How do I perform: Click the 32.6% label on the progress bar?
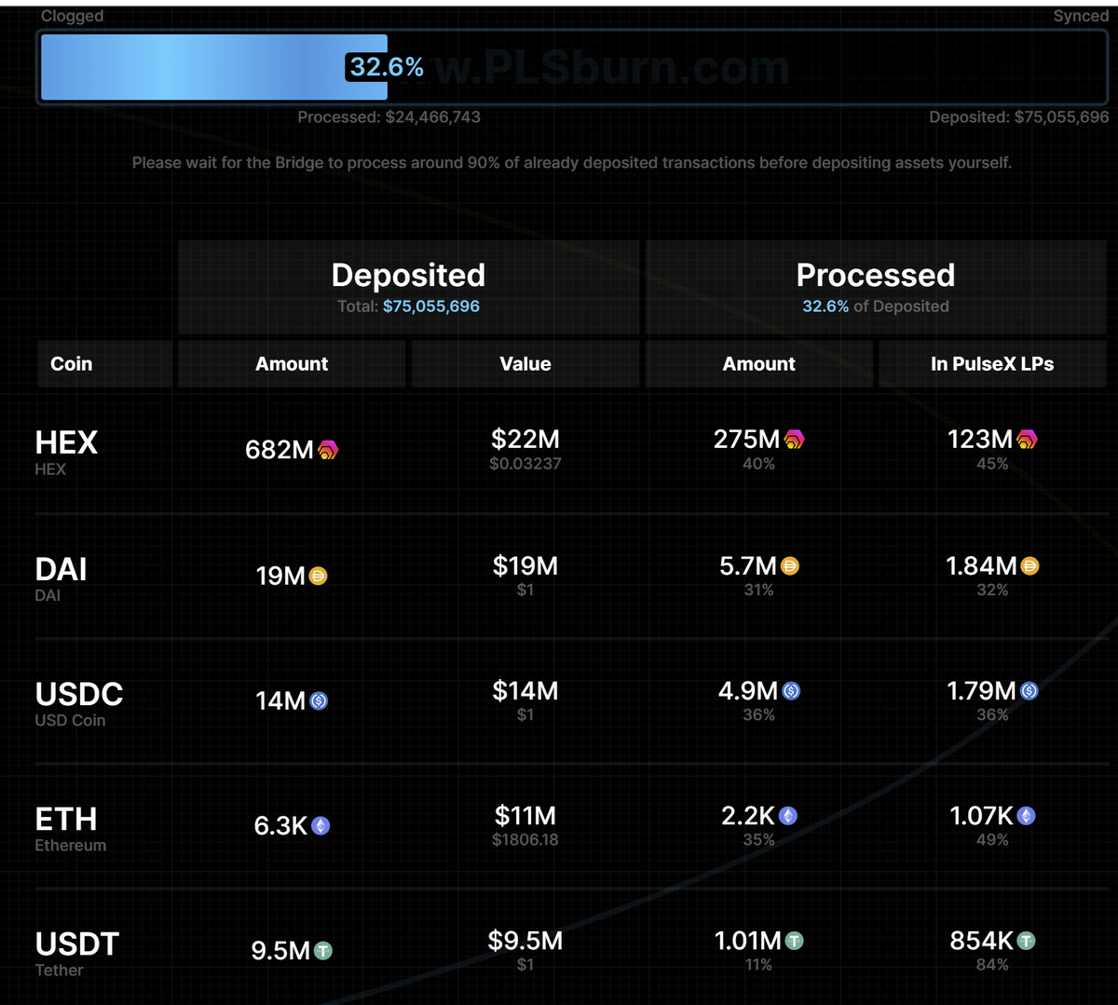click(x=386, y=67)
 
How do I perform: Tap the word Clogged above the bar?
click(x=72, y=16)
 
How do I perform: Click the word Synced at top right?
click(x=1081, y=16)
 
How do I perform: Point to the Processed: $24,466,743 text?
click(x=389, y=116)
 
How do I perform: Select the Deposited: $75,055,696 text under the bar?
click(x=1018, y=116)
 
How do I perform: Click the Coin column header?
click(x=71, y=364)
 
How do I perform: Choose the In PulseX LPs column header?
click(x=991, y=364)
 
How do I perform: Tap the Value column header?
click(x=525, y=364)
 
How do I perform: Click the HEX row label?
click(x=66, y=442)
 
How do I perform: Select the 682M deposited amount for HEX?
click(x=279, y=450)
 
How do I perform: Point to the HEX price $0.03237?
click(x=525, y=464)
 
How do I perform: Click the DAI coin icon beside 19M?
click(x=318, y=577)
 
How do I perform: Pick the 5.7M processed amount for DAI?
click(x=747, y=566)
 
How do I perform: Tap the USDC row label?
click(x=78, y=694)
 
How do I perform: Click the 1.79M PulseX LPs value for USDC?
click(x=981, y=691)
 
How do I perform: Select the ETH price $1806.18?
click(x=525, y=840)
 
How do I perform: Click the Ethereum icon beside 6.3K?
click(x=320, y=826)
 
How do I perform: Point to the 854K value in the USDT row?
click(x=981, y=941)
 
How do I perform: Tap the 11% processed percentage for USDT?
click(x=758, y=965)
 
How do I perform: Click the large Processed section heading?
click(x=875, y=276)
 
